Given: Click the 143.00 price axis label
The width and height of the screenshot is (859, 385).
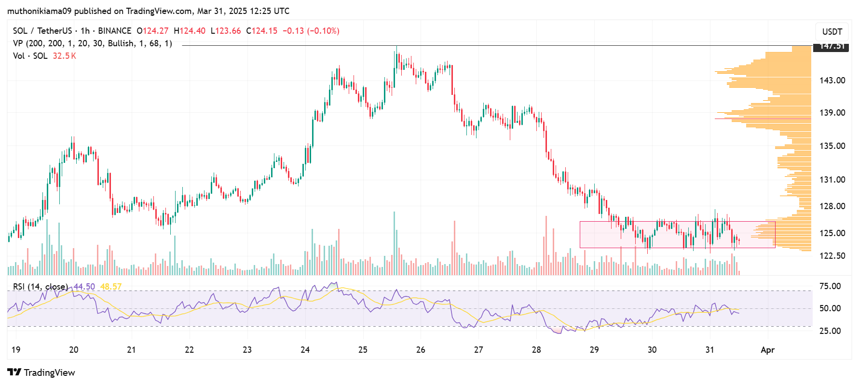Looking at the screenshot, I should (832, 80).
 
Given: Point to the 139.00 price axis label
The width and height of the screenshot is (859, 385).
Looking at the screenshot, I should (832, 113).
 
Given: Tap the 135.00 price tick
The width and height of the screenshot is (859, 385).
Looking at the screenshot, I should (832, 146).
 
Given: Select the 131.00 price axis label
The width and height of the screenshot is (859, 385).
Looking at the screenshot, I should (832, 180).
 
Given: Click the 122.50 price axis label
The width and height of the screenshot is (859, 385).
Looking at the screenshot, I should (832, 256).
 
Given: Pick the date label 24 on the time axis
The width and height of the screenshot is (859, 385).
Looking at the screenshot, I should (305, 350).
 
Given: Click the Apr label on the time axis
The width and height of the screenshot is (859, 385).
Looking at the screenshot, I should (767, 350).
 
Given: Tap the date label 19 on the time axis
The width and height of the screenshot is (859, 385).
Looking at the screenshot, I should (16, 350).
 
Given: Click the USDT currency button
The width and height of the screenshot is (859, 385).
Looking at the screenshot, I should (832, 32).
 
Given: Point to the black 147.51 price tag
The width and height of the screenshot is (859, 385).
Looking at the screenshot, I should (832, 46).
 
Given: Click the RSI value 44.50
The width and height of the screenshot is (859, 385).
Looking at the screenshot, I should (84, 287).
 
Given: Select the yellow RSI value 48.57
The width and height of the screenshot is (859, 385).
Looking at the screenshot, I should (111, 287).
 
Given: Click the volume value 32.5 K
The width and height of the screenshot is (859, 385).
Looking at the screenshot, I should (64, 56).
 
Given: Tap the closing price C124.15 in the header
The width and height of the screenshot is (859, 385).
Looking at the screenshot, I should (261, 31).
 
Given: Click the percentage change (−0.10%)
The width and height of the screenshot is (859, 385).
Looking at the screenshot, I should (323, 31).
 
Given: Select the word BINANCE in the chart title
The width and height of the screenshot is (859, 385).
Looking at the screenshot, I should (114, 31).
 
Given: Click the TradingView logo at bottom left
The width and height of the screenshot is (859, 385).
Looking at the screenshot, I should (41, 372).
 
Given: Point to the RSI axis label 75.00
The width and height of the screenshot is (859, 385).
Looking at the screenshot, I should (830, 286).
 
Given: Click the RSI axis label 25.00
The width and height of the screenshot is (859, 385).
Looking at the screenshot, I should (830, 331).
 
